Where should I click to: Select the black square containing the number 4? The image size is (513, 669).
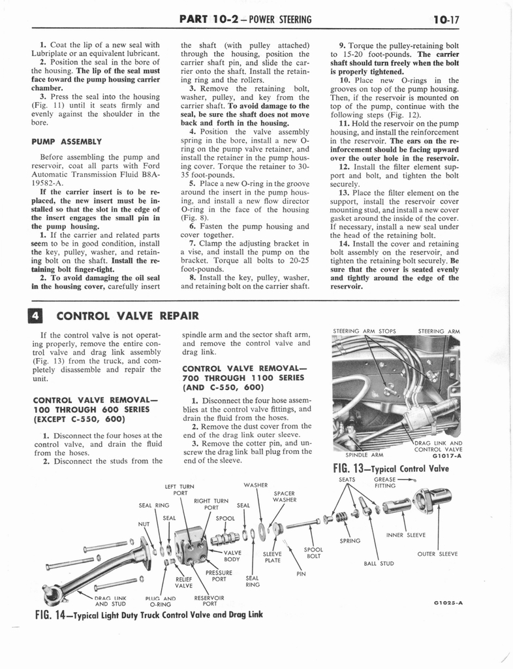click(x=37, y=317)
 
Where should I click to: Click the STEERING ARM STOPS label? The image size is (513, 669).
click(x=365, y=331)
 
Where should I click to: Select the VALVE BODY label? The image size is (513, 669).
click(x=232, y=556)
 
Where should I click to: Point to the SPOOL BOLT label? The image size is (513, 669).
click(x=313, y=553)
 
